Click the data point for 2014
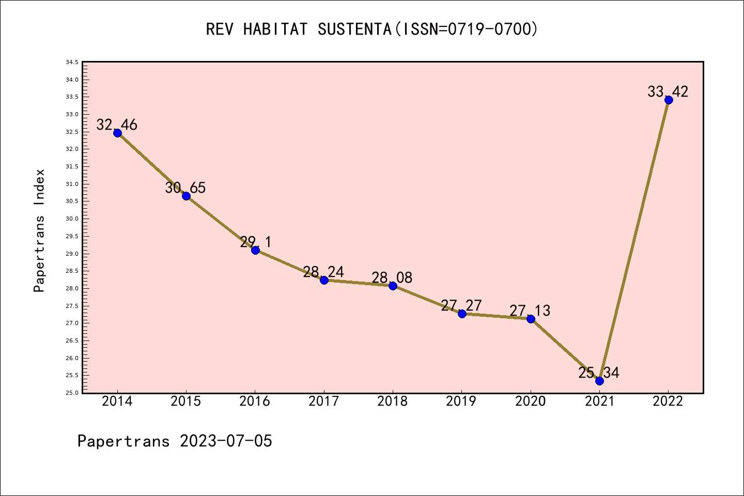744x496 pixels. point(117,133)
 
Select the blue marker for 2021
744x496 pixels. point(599,381)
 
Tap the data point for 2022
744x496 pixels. point(669,100)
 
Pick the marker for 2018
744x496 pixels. point(393,286)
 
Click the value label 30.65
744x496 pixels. point(185,188)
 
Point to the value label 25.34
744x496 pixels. point(599,373)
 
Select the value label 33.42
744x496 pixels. point(668,92)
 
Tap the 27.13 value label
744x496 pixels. point(530,311)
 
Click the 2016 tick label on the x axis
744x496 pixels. point(255,401)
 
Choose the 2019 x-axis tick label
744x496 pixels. point(461,401)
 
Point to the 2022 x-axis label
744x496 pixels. point(668,401)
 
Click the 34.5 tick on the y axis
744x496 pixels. point(72,63)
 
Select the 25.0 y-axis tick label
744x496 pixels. point(72,393)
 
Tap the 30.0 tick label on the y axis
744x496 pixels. point(72,219)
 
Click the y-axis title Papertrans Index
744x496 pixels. point(39,230)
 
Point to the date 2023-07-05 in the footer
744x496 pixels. point(226,441)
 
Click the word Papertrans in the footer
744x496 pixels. point(123,441)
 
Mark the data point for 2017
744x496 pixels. point(324,280)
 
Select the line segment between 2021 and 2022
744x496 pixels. point(634,240)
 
